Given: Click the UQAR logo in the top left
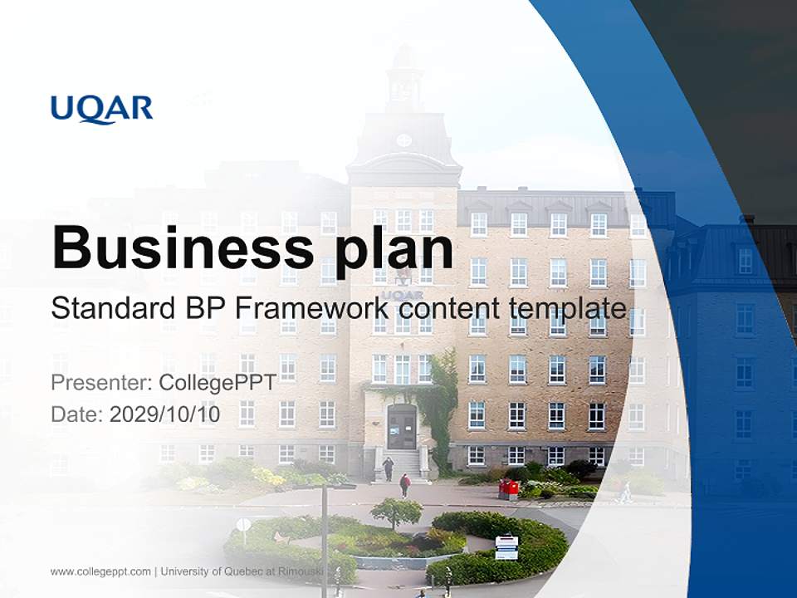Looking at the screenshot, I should (101, 109).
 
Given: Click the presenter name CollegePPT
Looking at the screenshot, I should (217, 383).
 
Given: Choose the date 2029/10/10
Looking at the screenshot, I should (165, 414).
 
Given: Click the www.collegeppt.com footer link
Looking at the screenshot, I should (100, 571).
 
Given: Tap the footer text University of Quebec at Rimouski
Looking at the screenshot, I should (242, 571).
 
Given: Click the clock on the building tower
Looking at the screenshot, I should (403, 140).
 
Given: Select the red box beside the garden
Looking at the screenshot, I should (508, 489).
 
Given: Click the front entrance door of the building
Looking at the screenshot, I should (402, 427).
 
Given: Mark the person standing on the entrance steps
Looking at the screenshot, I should (388, 468).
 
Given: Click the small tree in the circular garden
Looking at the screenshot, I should (396, 511).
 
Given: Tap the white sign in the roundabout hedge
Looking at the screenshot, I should (506, 547).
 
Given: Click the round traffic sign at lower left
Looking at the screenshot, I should (243, 525).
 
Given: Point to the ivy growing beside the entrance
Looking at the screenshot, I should (440, 399).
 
